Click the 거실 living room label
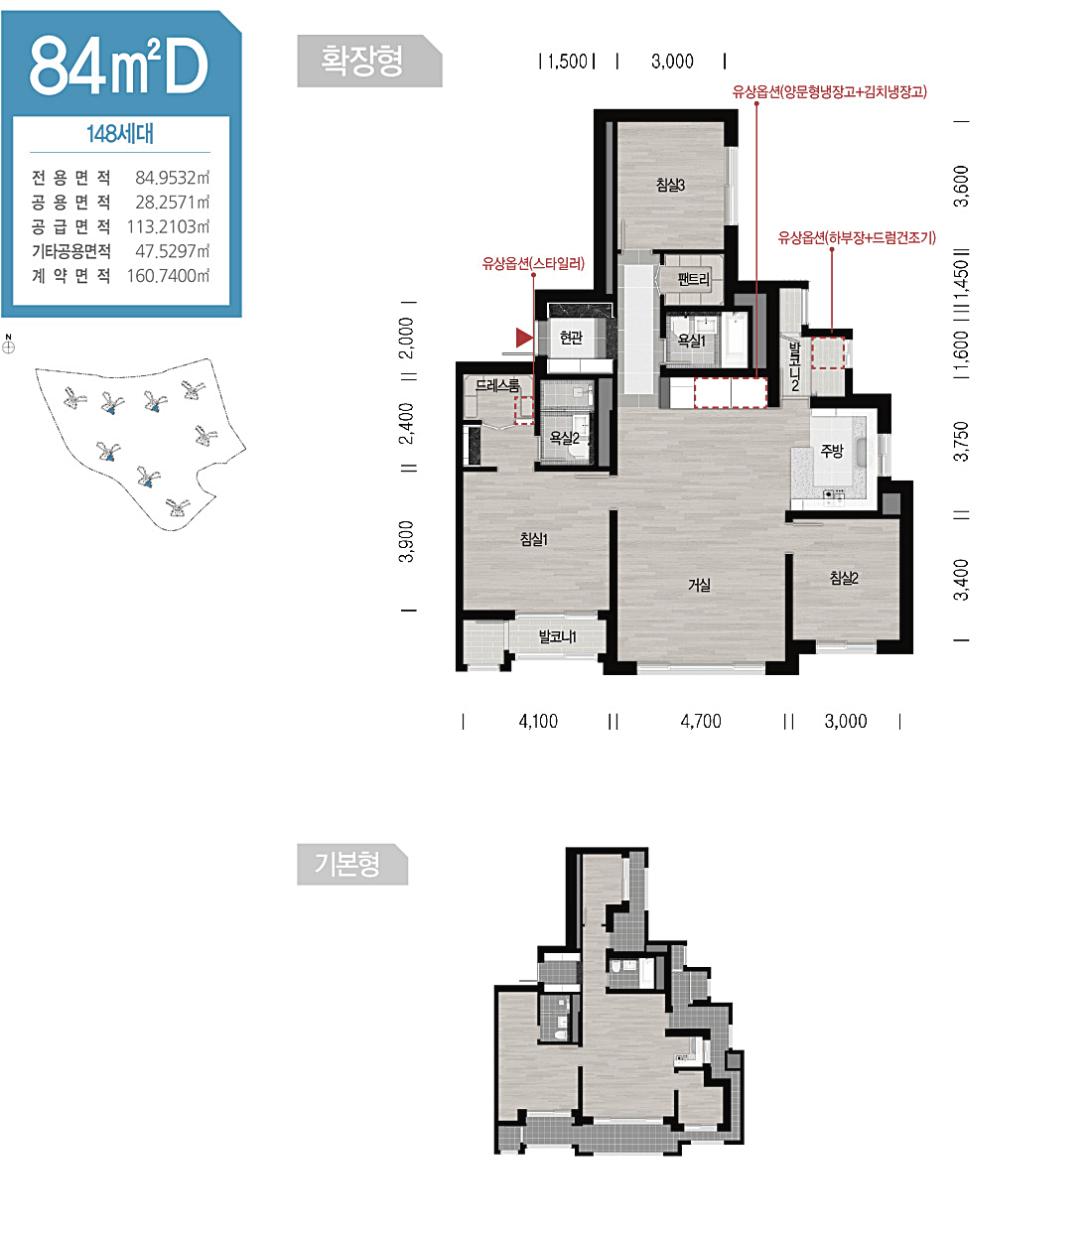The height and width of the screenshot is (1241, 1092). click(x=699, y=585)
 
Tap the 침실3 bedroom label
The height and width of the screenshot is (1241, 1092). click(x=670, y=185)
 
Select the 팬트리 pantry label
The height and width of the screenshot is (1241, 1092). click(x=693, y=279)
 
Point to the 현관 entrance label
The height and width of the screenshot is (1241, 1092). click(x=571, y=337)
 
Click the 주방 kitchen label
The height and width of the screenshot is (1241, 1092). click(x=832, y=451)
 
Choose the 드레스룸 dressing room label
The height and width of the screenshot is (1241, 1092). click(x=497, y=385)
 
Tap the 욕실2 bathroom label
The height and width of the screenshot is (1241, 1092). click(x=564, y=438)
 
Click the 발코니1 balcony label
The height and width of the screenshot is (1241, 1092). click(x=557, y=636)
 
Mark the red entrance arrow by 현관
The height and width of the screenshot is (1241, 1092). click(x=523, y=338)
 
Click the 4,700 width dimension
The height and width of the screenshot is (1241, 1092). click(x=701, y=721)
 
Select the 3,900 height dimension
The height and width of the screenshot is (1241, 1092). click(x=406, y=541)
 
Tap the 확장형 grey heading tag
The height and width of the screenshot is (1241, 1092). click(x=369, y=61)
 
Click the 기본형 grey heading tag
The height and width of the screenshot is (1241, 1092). click(x=352, y=864)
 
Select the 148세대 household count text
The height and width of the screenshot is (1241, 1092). click(x=120, y=134)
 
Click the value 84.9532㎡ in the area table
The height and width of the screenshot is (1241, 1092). click(x=172, y=178)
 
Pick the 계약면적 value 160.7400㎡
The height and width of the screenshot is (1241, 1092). click(x=168, y=276)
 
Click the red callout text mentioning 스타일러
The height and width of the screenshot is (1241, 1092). click(x=533, y=263)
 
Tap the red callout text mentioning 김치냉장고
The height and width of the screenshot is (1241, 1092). click(x=829, y=92)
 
